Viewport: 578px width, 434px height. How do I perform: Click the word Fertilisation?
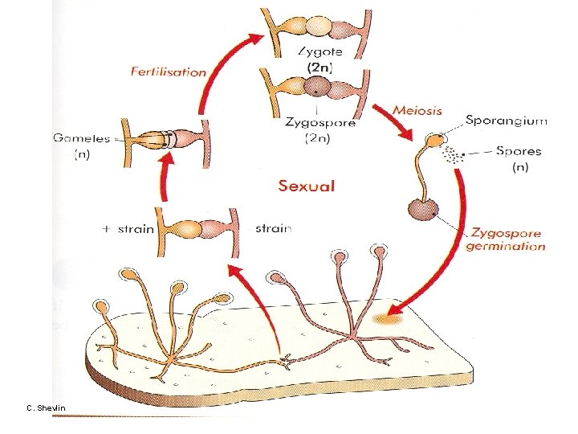click(169, 72)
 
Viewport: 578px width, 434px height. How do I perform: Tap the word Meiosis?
click(417, 110)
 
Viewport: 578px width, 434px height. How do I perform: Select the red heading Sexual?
click(306, 186)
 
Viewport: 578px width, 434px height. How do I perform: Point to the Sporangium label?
click(507, 121)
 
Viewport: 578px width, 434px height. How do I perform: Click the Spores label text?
click(519, 150)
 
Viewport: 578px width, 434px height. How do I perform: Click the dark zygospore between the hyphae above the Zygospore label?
click(319, 87)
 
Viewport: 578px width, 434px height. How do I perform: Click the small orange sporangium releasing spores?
click(434, 141)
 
